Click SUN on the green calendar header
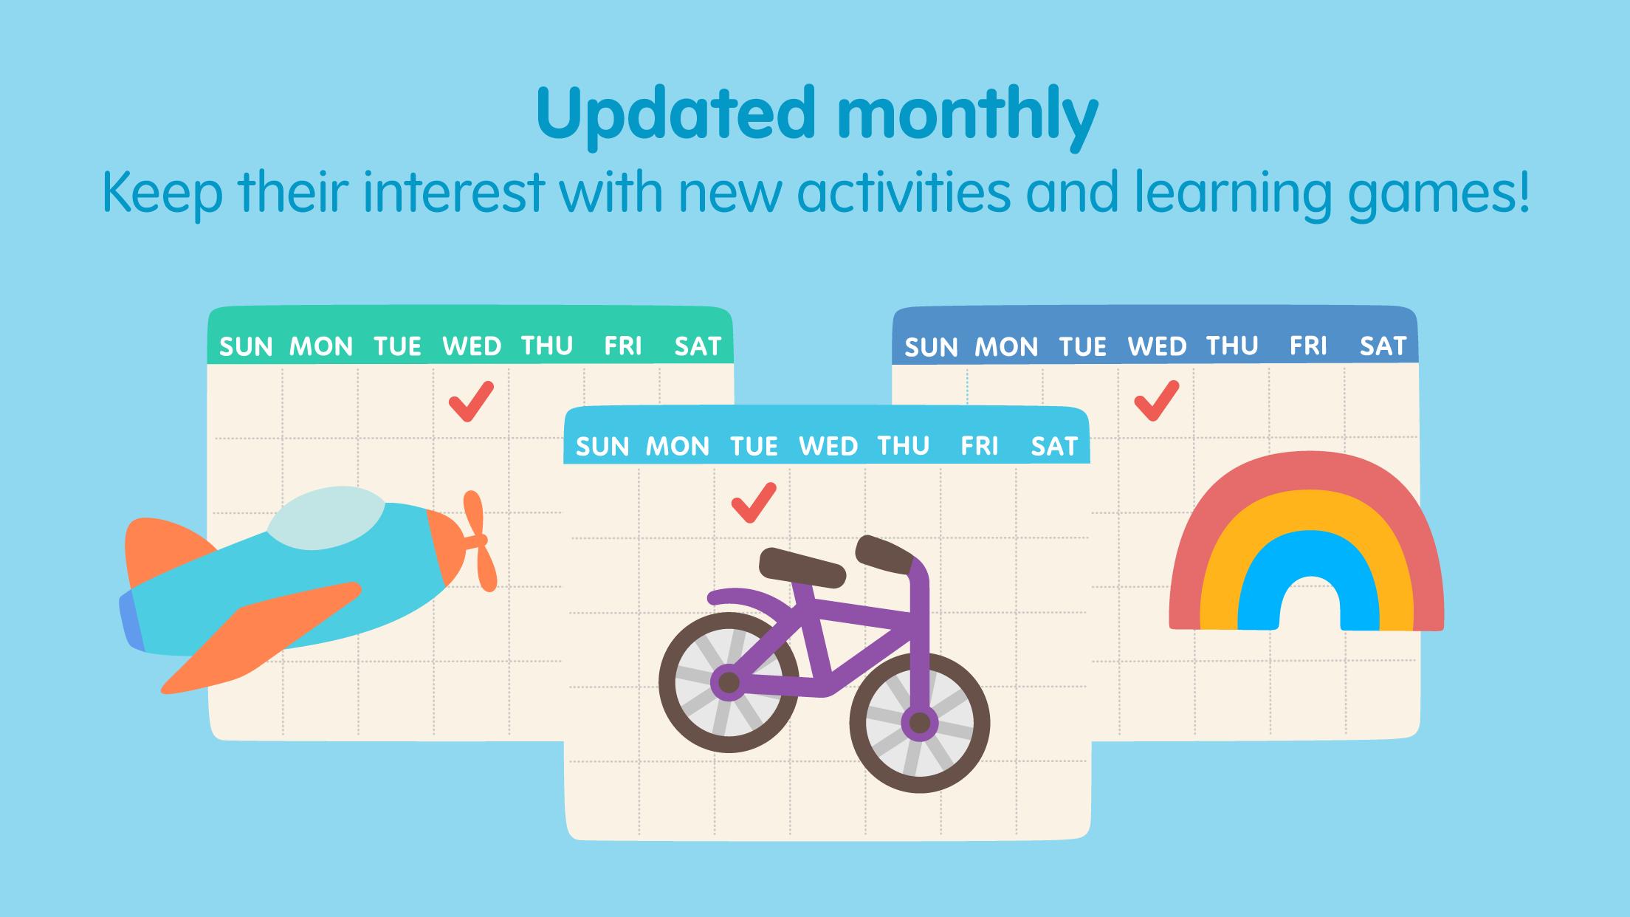[x=247, y=346]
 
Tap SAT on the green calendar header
[x=698, y=346]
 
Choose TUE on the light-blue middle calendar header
[x=754, y=446]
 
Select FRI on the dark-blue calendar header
[x=1308, y=346]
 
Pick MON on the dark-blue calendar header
[x=1006, y=346]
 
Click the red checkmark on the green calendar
[x=470, y=402]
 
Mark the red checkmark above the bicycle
[x=753, y=503]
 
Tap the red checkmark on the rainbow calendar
[x=1156, y=401]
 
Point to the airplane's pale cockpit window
[x=327, y=519]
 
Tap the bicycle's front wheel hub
[x=920, y=723]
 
